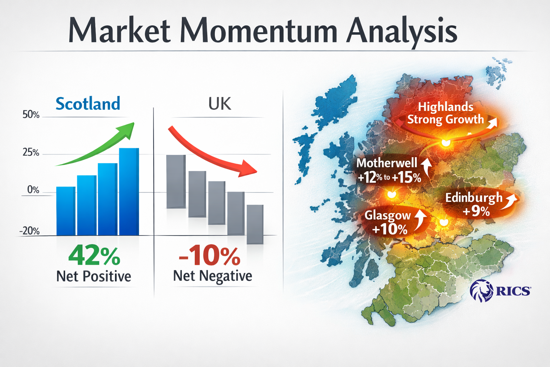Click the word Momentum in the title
click(x=259, y=31)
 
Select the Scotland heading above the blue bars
click(x=88, y=104)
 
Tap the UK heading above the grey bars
click(x=219, y=104)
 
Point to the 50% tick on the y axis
click(x=31, y=115)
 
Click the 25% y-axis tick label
click(x=31, y=153)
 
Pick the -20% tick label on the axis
click(x=30, y=231)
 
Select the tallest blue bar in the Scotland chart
click(x=129, y=192)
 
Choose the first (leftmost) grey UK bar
click(x=176, y=181)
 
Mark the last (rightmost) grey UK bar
click(x=255, y=224)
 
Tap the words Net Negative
click(x=212, y=276)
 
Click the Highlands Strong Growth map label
click(x=445, y=113)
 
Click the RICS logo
click(x=500, y=290)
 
